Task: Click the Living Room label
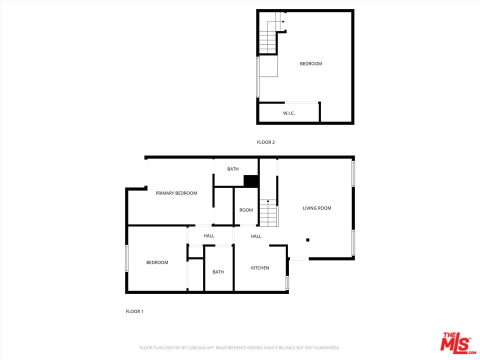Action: pyautogui.click(x=317, y=208)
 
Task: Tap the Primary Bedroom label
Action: pyautogui.click(x=176, y=193)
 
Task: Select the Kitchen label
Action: pyautogui.click(x=260, y=268)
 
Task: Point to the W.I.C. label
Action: pyautogui.click(x=288, y=113)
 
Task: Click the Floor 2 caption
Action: pyautogui.click(x=265, y=142)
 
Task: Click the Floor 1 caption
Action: pyautogui.click(x=134, y=311)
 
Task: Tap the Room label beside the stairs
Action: pyautogui.click(x=246, y=210)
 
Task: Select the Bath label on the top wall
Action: pyautogui.click(x=233, y=169)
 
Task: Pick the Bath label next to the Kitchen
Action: pyautogui.click(x=218, y=272)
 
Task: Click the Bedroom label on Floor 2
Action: pyautogui.click(x=310, y=63)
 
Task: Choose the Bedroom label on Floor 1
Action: pyautogui.click(x=157, y=262)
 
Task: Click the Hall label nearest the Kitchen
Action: pyautogui.click(x=256, y=236)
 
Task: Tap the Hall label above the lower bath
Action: pyautogui.click(x=209, y=235)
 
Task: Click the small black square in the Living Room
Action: pyautogui.click(x=307, y=240)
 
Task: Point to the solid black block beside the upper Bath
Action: pyautogui.click(x=251, y=180)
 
